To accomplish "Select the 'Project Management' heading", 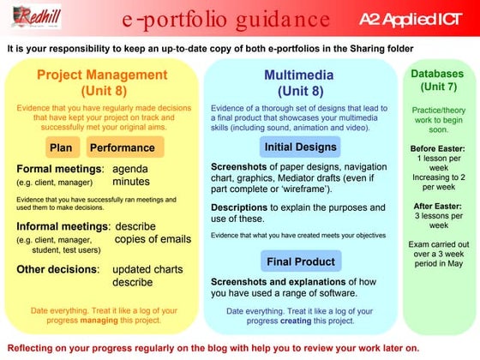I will pyautogui.click(x=101, y=75).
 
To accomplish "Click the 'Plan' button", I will pyautogui.click(x=60, y=147).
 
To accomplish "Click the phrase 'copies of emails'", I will pyautogui.click(x=153, y=239).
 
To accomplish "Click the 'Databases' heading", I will pyautogui.click(x=439, y=75).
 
